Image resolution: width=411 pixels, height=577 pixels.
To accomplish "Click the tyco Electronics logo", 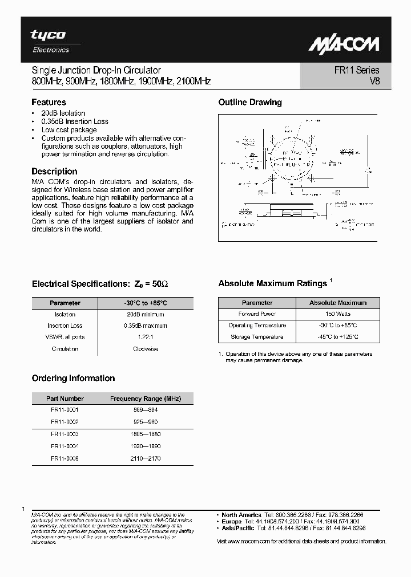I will coord(49,41).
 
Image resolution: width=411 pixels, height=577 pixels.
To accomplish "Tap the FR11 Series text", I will coord(357,71).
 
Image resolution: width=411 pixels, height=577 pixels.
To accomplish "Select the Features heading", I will coord(49,103).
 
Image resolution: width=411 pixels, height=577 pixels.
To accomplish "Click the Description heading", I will coord(54,171).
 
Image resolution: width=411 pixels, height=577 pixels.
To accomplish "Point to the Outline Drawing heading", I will coord(250,103).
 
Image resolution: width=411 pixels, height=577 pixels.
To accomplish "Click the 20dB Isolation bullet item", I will coord(63,113).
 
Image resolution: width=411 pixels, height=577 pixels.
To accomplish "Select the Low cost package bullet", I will coord(69,130).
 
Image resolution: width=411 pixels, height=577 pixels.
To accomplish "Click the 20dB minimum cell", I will coord(145,314).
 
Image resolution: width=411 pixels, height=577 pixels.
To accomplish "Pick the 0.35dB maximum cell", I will coord(145,326).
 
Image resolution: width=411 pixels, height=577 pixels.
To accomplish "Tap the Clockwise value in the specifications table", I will coord(145,348).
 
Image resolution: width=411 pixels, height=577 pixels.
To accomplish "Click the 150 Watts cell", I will coord(338,314).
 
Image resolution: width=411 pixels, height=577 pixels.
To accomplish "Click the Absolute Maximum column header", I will coord(338,303).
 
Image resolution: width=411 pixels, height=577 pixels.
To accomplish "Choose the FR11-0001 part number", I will coord(65,409).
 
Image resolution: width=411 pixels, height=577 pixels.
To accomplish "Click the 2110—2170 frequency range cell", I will coord(145,458).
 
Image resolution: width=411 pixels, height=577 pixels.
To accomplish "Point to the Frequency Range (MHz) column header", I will coord(145,399).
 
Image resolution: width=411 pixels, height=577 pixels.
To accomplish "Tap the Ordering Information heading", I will coord(73,378).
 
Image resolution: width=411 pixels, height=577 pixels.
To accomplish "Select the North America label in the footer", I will coord(241,515).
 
